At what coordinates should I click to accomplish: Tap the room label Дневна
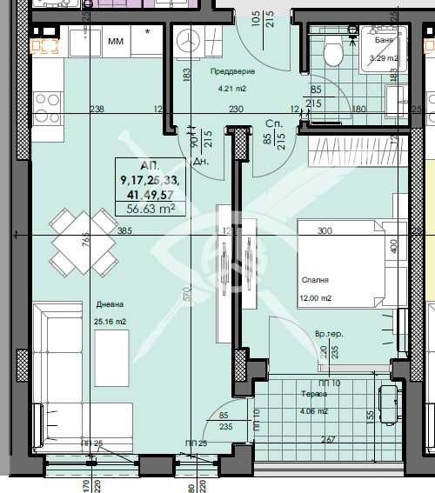click(x=110, y=305)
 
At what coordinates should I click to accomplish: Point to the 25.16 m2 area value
click(x=110, y=322)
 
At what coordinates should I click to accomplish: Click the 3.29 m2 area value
click(x=384, y=58)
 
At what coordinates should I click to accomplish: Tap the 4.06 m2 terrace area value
click(x=313, y=411)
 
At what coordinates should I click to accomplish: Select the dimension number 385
click(x=124, y=231)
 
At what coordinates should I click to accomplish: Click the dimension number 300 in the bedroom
click(x=325, y=231)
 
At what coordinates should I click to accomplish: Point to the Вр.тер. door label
click(x=328, y=335)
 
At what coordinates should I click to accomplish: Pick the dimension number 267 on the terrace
click(x=329, y=439)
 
